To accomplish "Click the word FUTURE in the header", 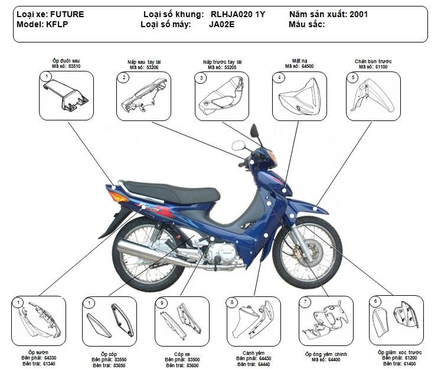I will (x=67, y=14).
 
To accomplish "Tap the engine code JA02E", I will (x=221, y=24).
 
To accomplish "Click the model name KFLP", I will (x=58, y=24).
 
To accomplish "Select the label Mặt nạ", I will (x=299, y=61).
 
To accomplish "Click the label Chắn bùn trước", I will (x=373, y=61).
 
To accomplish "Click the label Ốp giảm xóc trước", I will (x=400, y=352).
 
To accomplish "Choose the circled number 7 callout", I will (x=305, y=302).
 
